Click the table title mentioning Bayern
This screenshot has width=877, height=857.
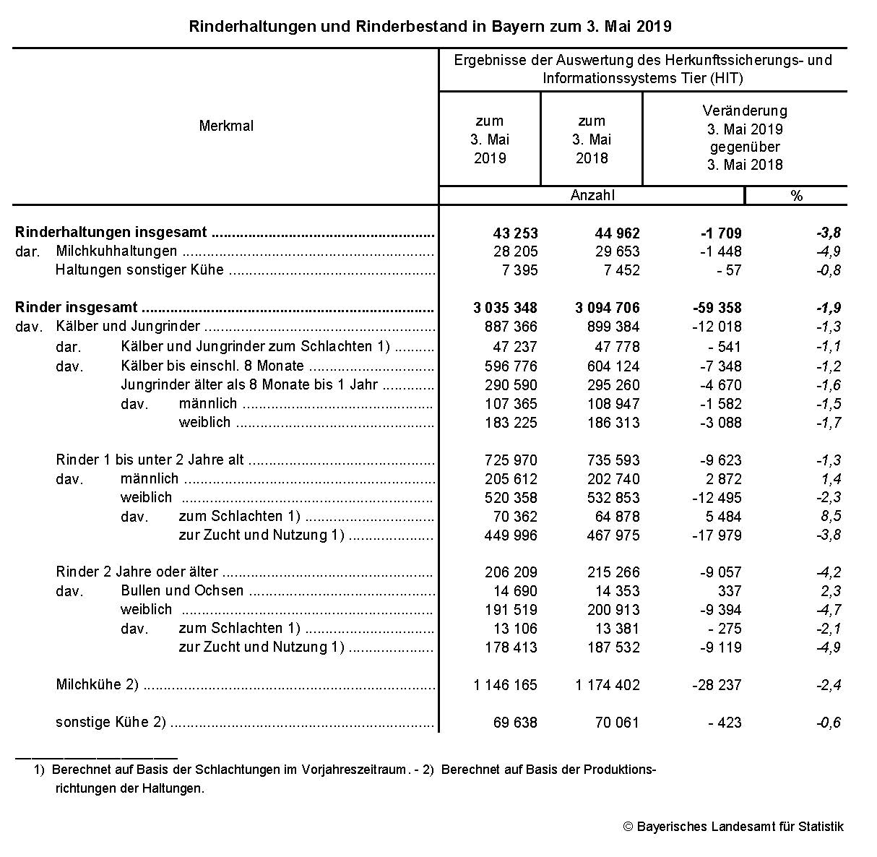click(x=430, y=27)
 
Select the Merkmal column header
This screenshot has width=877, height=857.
click(x=226, y=126)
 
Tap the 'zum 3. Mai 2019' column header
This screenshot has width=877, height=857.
click(x=490, y=139)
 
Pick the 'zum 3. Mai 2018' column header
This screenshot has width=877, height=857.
click(x=592, y=139)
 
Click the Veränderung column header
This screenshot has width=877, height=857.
click(x=745, y=137)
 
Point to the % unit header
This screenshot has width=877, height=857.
click(x=796, y=196)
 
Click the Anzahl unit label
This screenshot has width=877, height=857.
click(x=592, y=195)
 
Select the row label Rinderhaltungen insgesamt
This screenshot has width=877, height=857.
click(x=111, y=233)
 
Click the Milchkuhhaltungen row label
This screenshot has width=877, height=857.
click(x=116, y=251)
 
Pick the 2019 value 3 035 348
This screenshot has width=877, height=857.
click(x=505, y=308)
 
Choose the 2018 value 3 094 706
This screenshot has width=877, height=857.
click(x=607, y=308)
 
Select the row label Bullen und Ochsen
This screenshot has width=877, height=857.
click(x=182, y=591)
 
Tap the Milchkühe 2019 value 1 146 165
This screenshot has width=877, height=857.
click(x=505, y=685)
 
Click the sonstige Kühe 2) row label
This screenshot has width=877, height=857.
click(x=111, y=723)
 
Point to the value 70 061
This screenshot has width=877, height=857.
click(x=615, y=723)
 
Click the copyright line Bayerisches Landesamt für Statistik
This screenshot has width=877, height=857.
click(x=733, y=827)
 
